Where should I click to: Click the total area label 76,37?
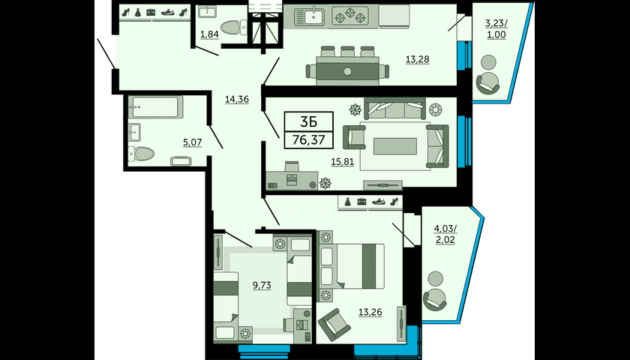point(308,140)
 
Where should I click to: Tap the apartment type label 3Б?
point(308,121)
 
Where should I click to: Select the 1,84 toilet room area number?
point(209,34)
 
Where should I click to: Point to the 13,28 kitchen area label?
point(418,59)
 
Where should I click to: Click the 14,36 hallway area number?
point(237,99)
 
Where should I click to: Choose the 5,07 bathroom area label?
point(192,142)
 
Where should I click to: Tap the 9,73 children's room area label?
point(262,285)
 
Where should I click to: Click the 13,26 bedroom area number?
point(370,312)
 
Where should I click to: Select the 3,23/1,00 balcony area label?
point(496,29)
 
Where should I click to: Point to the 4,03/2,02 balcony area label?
point(444,235)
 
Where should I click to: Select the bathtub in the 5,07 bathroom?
point(155,107)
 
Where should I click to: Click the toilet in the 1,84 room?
point(234,27)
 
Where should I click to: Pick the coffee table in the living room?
point(395,146)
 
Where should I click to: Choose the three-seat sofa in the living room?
point(395,109)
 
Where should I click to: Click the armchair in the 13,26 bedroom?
point(334,324)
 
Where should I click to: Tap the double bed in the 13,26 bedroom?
point(351,266)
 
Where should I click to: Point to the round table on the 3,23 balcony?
point(488,62)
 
